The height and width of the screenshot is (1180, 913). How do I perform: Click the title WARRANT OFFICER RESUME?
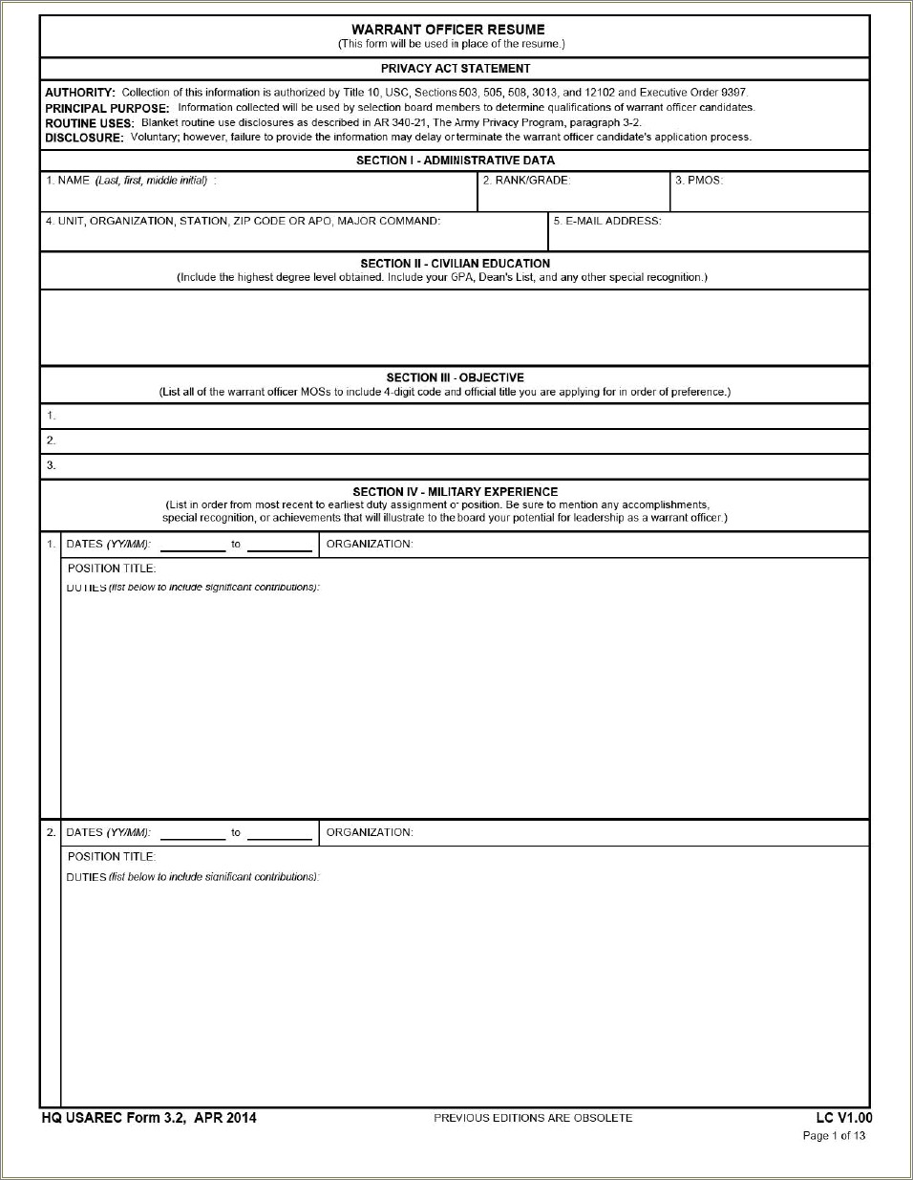(448, 30)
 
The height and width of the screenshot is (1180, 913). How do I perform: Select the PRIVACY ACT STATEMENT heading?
(456, 69)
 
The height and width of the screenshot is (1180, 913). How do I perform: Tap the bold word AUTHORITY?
(80, 93)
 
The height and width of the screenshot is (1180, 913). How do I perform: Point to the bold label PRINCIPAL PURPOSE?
(107, 108)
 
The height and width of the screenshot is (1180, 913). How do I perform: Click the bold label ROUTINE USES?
(90, 123)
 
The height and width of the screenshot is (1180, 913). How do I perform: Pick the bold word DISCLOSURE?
(84, 138)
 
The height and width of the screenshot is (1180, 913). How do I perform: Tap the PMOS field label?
(700, 181)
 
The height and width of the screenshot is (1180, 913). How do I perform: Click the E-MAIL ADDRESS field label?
(608, 221)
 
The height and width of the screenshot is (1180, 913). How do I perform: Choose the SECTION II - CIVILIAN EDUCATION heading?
(455, 264)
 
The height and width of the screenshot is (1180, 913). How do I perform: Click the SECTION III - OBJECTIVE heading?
(455, 377)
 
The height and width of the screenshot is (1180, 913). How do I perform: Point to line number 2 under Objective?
(52, 440)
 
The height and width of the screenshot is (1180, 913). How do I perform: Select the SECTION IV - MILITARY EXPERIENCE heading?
(455, 492)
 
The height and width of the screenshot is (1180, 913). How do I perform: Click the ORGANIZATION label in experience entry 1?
(370, 544)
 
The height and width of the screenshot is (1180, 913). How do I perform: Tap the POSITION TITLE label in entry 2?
(112, 857)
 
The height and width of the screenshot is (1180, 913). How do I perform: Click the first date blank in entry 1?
(193, 546)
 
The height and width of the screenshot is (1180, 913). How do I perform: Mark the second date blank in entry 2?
(280, 834)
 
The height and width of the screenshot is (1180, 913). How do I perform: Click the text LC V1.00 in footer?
(843, 1118)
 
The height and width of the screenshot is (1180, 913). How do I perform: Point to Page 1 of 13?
(834, 1136)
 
